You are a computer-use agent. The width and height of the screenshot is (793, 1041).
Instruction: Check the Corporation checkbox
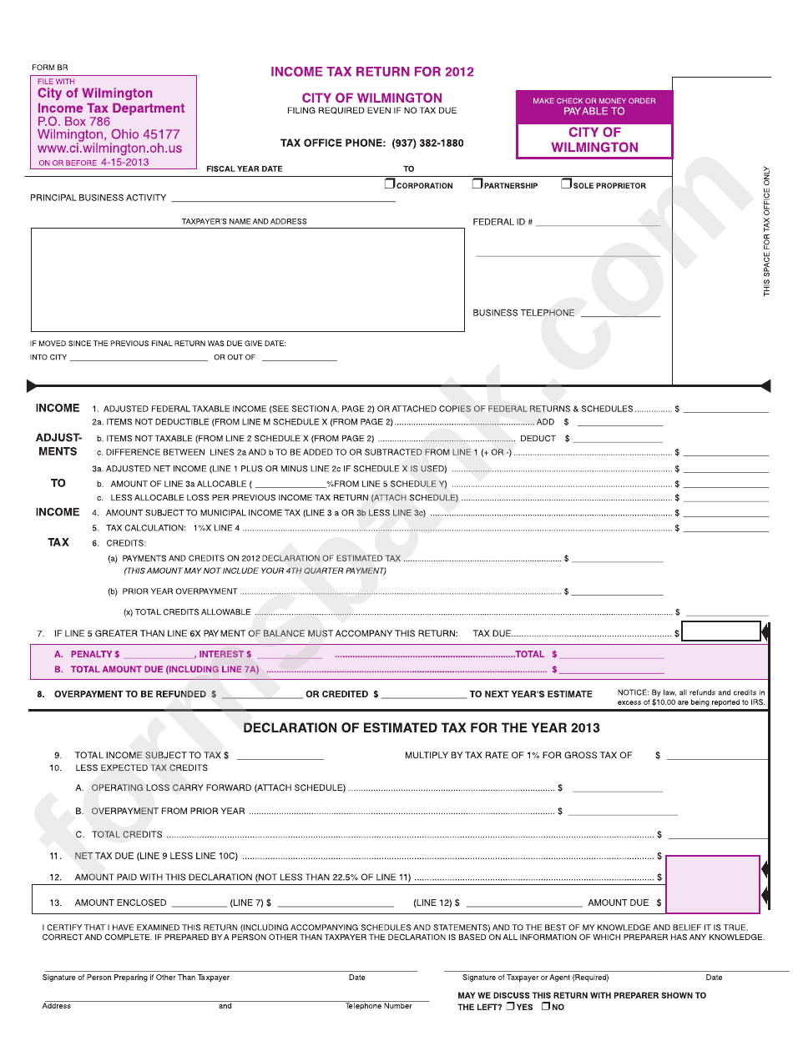389,184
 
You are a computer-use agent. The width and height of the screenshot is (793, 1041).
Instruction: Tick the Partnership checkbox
477,184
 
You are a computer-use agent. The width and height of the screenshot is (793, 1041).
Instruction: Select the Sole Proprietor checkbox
566,184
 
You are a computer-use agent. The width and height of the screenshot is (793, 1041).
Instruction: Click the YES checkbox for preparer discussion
510,1006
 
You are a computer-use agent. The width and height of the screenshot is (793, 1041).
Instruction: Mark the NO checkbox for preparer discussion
545,1006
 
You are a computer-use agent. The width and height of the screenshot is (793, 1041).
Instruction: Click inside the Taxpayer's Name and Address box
247,280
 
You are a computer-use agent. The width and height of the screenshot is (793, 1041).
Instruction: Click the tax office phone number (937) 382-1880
427,143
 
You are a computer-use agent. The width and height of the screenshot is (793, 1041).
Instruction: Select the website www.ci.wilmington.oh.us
109,148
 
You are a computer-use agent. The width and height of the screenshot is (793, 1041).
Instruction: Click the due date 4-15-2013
124,163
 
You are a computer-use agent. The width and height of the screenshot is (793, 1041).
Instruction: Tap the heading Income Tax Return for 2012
372,72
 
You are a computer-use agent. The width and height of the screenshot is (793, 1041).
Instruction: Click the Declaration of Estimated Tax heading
422,728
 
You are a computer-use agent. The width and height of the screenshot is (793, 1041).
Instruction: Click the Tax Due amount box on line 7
721,632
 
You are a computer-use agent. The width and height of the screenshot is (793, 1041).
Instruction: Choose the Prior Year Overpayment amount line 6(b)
617,592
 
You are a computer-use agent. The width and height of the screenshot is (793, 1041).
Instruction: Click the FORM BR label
50,67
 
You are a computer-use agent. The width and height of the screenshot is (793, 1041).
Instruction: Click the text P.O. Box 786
73,122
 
